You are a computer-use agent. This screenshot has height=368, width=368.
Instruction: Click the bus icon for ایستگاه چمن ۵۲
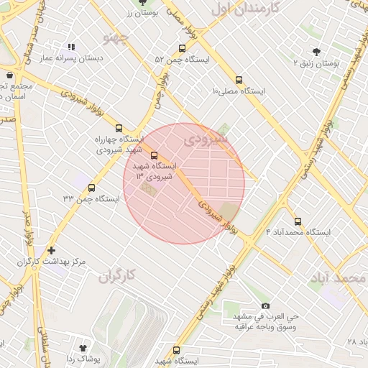click(x=181, y=49)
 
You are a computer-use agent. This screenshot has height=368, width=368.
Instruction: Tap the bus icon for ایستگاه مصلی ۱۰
click(x=239, y=80)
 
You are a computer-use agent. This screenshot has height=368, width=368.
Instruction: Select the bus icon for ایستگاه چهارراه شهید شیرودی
click(x=119, y=127)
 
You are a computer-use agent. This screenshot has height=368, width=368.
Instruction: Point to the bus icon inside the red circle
click(x=154, y=155)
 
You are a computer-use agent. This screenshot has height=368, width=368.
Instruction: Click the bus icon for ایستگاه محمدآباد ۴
click(x=298, y=221)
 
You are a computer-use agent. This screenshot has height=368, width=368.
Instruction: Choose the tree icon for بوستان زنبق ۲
click(x=316, y=51)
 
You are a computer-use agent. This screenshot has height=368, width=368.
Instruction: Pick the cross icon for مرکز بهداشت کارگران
click(x=50, y=250)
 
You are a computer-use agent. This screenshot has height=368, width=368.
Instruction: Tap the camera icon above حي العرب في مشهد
click(x=265, y=306)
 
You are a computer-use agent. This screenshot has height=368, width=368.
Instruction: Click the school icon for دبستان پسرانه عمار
click(x=70, y=47)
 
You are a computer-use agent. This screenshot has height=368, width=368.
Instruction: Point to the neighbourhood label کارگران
click(x=117, y=275)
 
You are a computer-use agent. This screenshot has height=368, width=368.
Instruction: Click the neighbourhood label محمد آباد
click(x=340, y=277)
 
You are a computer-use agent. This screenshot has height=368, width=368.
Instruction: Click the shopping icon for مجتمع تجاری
click(x=9, y=75)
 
